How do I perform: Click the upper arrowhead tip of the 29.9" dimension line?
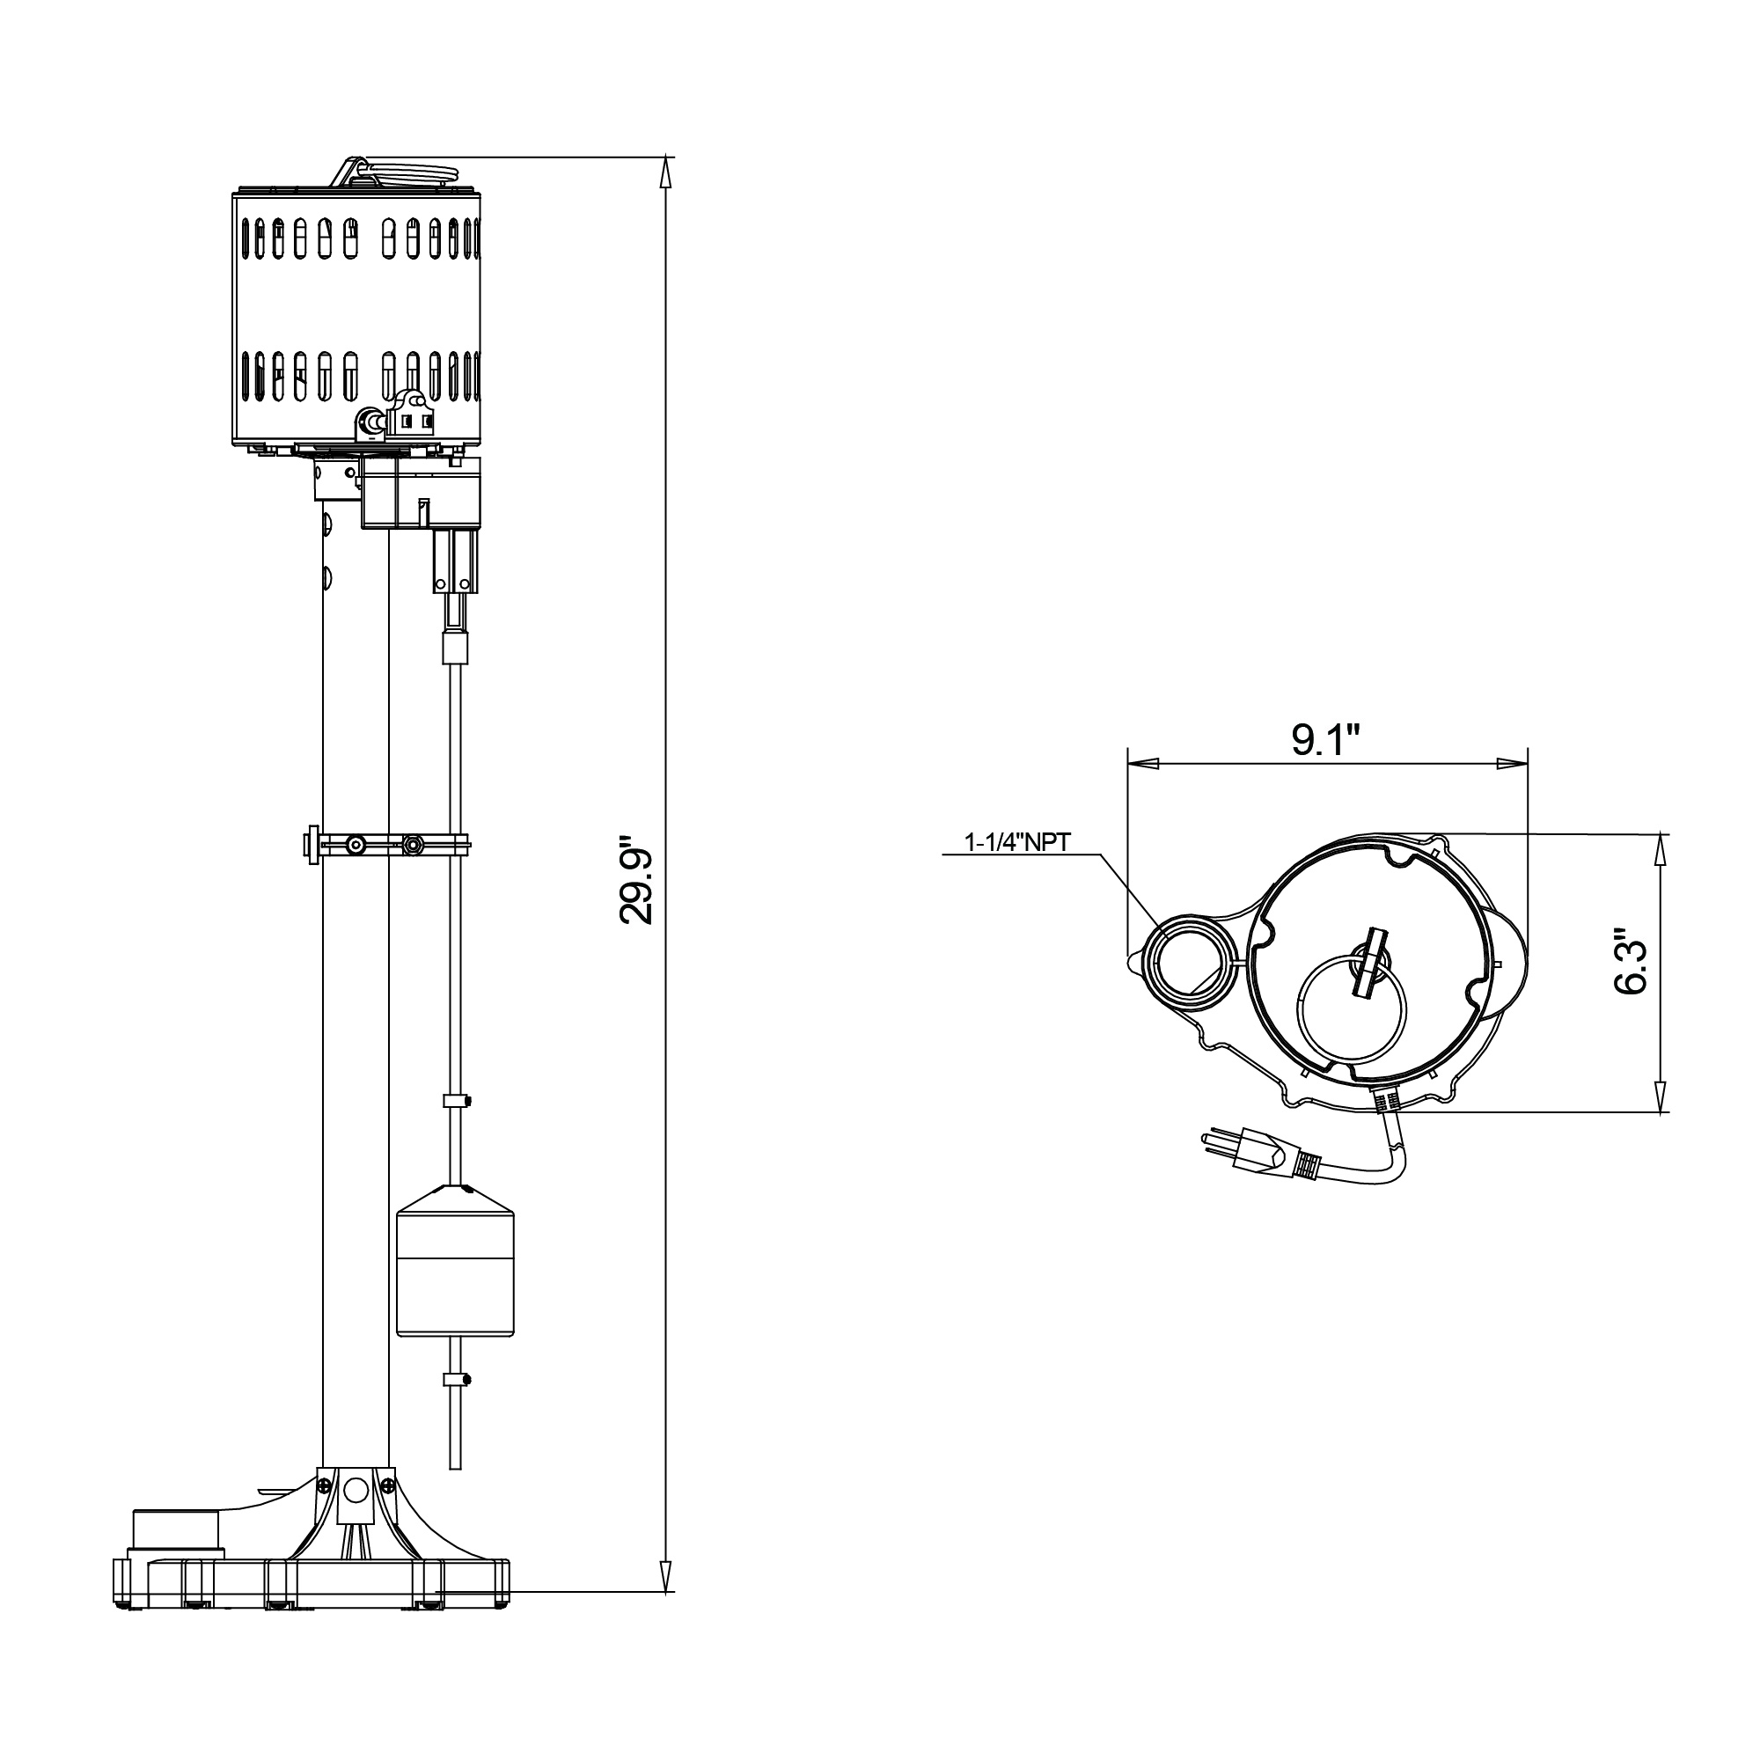click(668, 158)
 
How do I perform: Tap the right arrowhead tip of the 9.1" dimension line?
click(1528, 762)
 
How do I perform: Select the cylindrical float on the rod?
click(457, 1261)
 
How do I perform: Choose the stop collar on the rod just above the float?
click(457, 1102)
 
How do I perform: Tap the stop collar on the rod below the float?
click(457, 1379)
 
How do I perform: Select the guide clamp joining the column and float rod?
click(386, 845)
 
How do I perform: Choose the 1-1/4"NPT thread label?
click(1017, 843)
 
